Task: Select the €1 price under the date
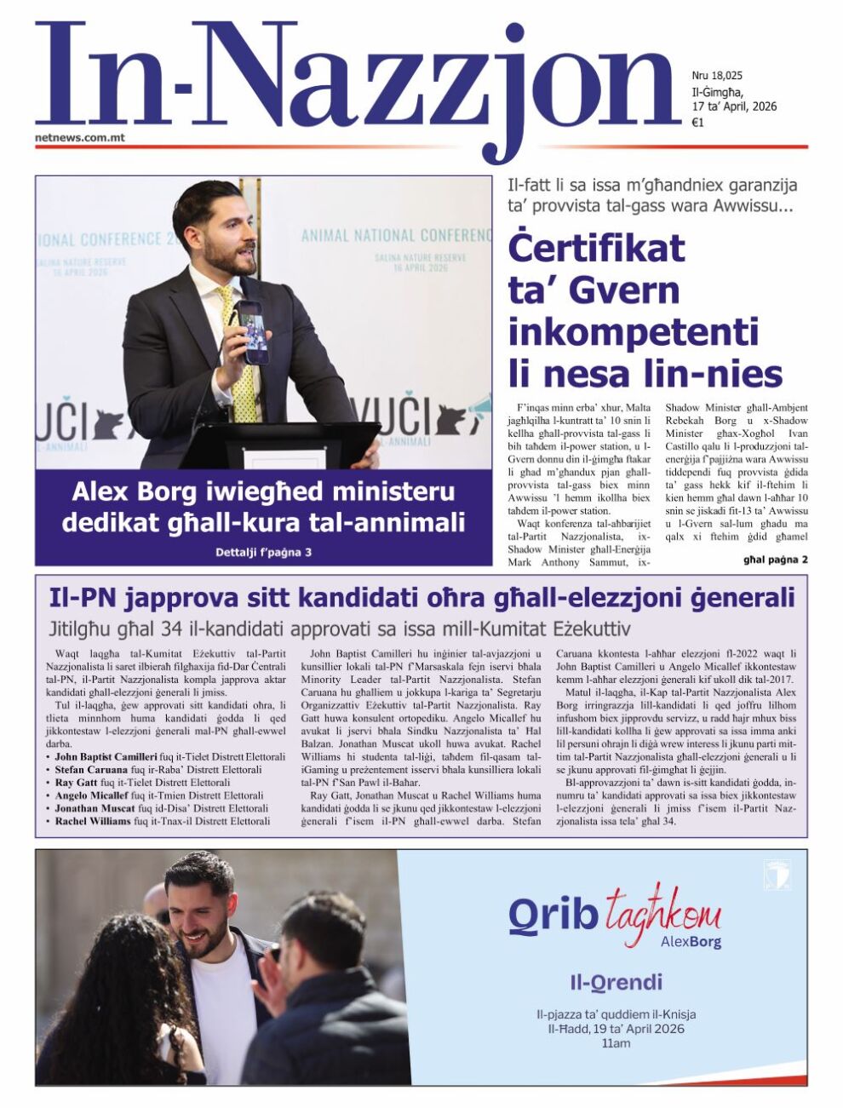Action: pyautogui.click(x=697, y=123)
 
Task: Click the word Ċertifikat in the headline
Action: pyautogui.click(x=596, y=248)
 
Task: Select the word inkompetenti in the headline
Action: pyautogui.click(x=633, y=330)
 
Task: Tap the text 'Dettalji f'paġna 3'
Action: pyautogui.click(x=263, y=553)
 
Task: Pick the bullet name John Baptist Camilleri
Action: pyautogui.click(x=106, y=756)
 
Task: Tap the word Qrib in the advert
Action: pyautogui.click(x=553, y=915)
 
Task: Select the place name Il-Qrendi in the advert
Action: pyautogui.click(x=616, y=983)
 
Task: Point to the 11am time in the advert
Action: pyautogui.click(x=616, y=1042)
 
